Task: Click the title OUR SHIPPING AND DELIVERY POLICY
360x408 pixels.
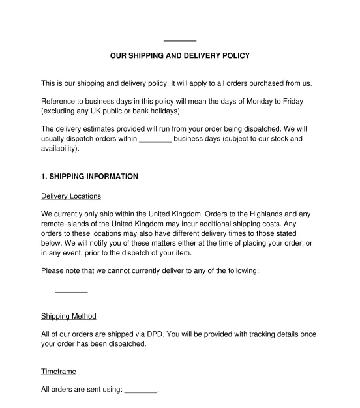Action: click(x=179, y=56)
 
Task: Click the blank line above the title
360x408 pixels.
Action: click(x=180, y=40)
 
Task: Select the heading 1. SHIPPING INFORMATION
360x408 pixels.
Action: click(x=89, y=176)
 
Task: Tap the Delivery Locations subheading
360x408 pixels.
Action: click(x=71, y=196)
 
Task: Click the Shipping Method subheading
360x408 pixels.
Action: click(x=68, y=316)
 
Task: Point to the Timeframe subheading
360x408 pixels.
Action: click(x=59, y=372)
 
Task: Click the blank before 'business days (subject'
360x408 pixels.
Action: click(x=155, y=139)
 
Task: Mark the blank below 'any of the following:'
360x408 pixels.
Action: click(x=71, y=291)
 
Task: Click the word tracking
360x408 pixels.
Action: click(x=241, y=334)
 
